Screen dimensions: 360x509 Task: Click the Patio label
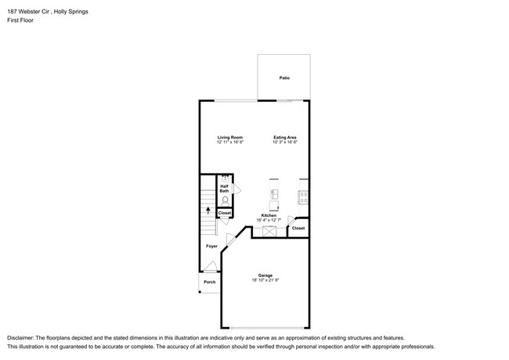pos(283,78)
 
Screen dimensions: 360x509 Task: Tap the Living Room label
pos(230,138)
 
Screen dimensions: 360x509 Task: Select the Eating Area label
pos(284,138)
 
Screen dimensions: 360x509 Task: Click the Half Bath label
pos(225,189)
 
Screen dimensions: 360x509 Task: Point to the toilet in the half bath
pos(225,200)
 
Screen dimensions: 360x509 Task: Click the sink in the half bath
pos(225,178)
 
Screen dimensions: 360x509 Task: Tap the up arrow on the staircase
pos(208,210)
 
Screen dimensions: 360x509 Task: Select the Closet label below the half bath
pos(225,213)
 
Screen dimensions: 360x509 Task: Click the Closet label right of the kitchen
pos(298,228)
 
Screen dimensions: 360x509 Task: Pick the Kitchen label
pos(269,215)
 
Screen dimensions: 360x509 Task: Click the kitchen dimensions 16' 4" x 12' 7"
pos(269,220)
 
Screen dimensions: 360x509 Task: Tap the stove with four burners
pos(303,196)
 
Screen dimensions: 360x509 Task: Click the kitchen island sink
pos(274,194)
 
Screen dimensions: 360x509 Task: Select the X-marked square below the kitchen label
pos(269,232)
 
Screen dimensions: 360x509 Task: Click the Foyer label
pos(211,247)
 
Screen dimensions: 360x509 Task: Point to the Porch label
pos(209,282)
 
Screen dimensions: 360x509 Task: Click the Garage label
pos(265,275)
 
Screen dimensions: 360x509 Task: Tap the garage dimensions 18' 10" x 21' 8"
pos(265,280)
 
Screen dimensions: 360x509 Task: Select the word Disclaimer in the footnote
pos(23,337)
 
